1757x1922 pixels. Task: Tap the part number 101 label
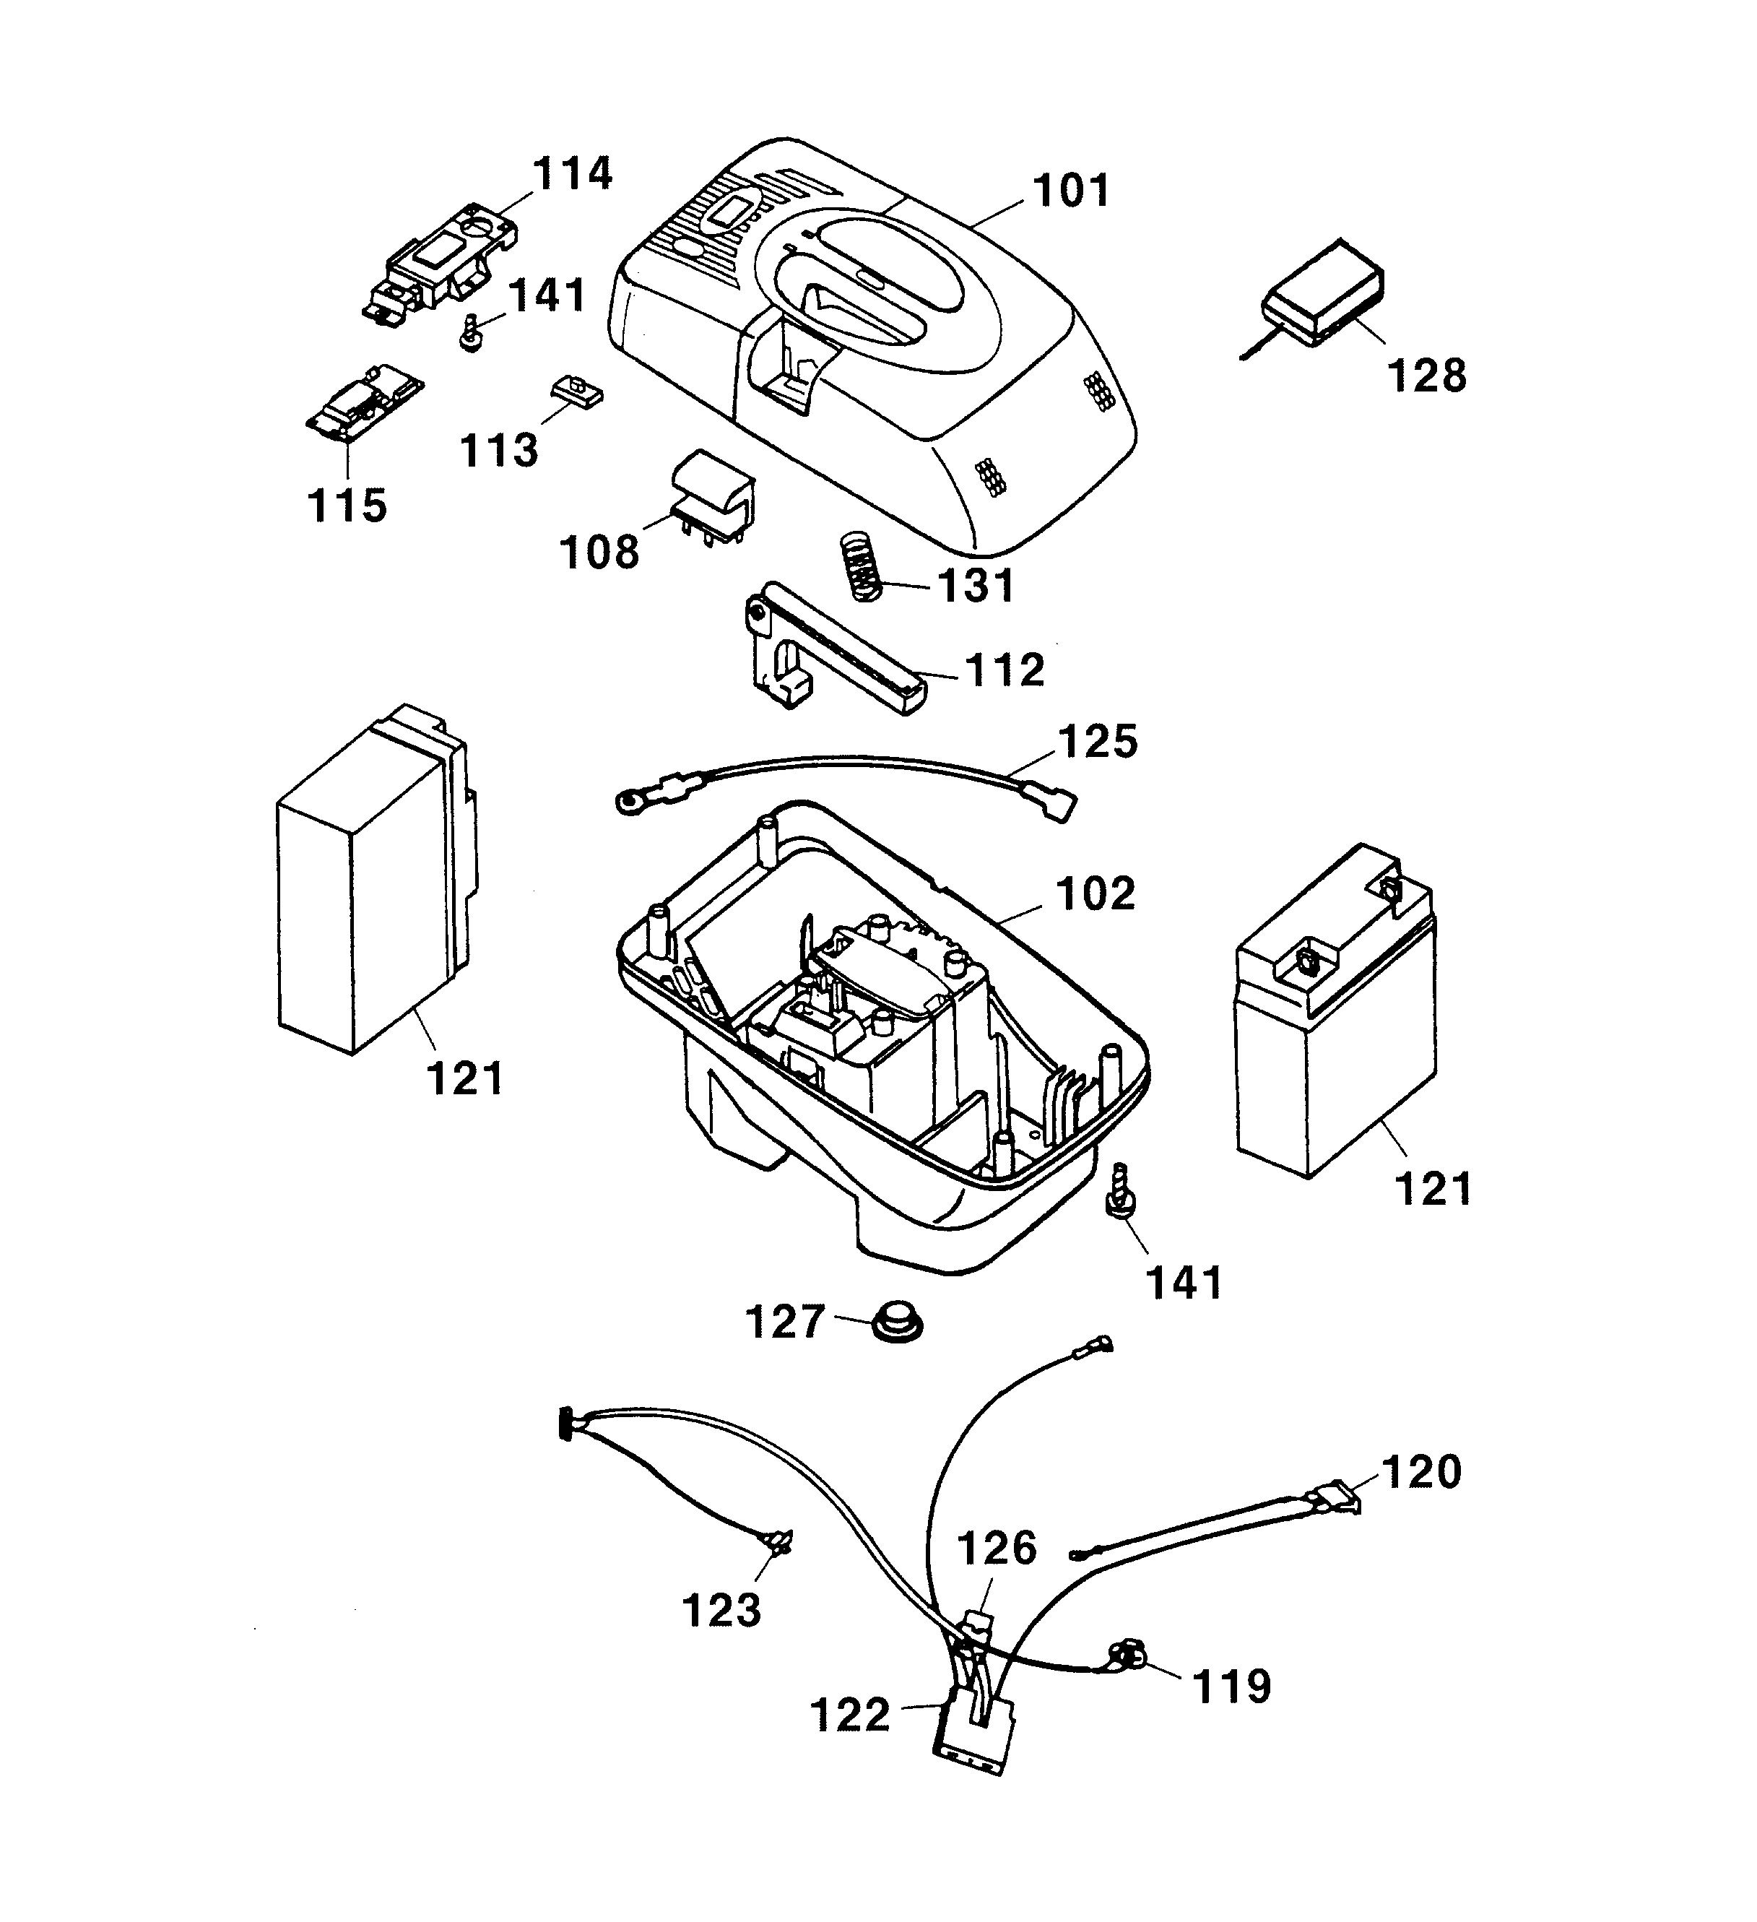[x=1072, y=191]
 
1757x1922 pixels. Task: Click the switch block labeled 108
[x=713, y=495]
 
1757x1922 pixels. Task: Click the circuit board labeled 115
[x=364, y=402]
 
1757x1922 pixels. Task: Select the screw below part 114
[x=470, y=334]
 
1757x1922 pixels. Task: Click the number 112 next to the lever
[x=1005, y=670]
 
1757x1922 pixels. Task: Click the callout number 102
[x=1096, y=893]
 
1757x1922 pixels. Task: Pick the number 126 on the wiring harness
[x=997, y=1549]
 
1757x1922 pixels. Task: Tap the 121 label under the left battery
[x=464, y=1079]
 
